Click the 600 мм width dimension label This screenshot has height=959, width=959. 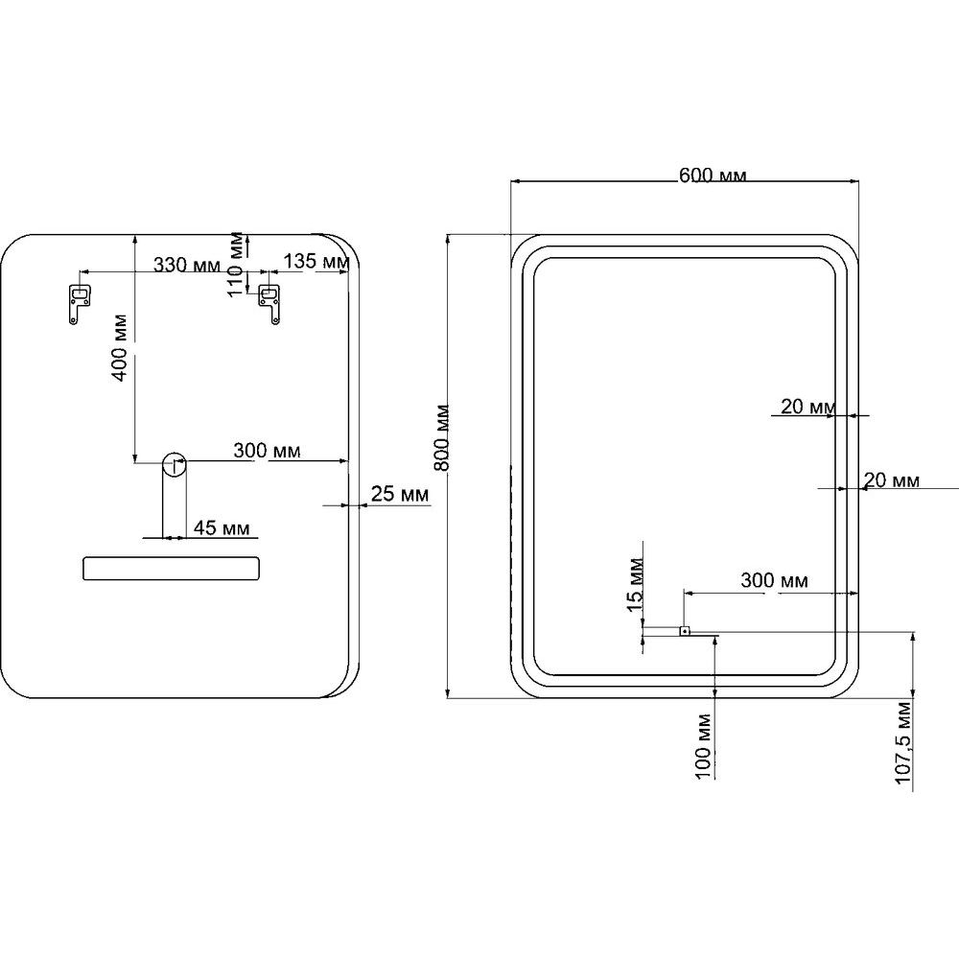click(x=713, y=175)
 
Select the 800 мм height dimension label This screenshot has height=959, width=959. click(x=441, y=437)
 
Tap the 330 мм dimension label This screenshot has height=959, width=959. click(x=187, y=266)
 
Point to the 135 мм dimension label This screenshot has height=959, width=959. click(x=316, y=261)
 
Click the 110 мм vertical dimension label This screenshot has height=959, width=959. click(x=236, y=265)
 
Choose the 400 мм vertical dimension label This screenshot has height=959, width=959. click(x=120, y=348)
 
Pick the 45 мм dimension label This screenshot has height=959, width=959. click(x=222, y=527)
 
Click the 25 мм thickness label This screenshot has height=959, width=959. click(x=400, y=494)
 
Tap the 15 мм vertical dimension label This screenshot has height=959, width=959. click(x=635, y=584)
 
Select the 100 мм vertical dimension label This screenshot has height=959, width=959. click(x=703, y=747)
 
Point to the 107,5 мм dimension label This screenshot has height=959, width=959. click(x=902, y=743)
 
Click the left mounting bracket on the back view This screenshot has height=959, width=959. click(x=79, y=303)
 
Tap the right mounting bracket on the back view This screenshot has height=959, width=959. click(x=269, y=303)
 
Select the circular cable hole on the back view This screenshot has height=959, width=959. click(x=175, y=463)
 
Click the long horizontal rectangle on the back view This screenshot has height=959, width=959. click(x=171, y=568)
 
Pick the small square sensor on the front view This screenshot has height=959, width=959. click(x=685, y=630)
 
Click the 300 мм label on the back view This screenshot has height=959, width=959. click(x=267, y=451)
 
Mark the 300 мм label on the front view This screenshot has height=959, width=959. click(x=774, y=580)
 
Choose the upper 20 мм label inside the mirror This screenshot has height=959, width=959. click(x=808, y=406)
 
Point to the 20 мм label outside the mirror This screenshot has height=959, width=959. click(x=891, y=480)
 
